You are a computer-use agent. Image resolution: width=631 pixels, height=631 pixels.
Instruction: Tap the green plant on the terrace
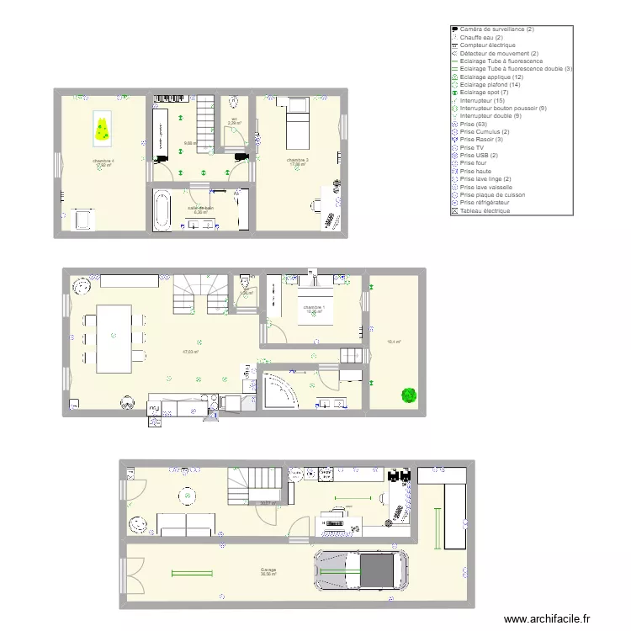click(x=409, y=395)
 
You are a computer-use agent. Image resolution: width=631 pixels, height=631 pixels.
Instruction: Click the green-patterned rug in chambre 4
click(x=102, y=129)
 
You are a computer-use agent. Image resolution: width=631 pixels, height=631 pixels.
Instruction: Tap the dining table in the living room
click(x=113, y=338)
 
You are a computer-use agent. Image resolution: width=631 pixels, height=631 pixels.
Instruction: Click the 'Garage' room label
click(x=268, y=570)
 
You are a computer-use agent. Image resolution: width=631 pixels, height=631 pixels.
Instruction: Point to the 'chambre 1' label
click(x=314, y=307)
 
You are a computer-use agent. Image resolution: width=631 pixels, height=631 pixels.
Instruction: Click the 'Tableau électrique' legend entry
click(x=485, y=210)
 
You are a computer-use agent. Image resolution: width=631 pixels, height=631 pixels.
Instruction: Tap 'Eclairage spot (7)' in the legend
click(x=484, y=92)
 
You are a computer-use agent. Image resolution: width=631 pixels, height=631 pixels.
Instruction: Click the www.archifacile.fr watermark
click(x=548, y=618)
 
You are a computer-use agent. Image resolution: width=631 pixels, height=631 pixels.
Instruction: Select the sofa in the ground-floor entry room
click(x=186, y=526)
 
